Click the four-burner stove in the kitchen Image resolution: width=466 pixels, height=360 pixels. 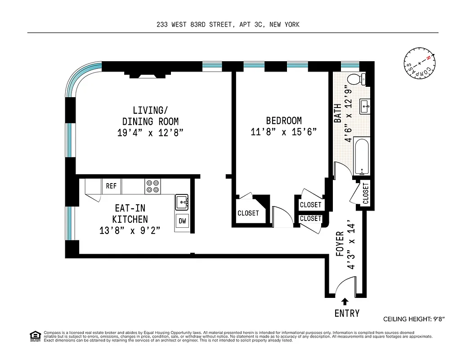(x=152, y=186)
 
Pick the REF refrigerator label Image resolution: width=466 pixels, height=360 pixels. (x=111, y=186)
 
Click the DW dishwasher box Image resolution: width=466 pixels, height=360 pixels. (x=182, y=221)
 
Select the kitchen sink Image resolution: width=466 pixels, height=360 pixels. (x=182, y=202)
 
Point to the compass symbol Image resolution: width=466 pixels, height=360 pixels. (x=419, y=64)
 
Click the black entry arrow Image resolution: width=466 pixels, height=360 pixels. (x=345, y=301)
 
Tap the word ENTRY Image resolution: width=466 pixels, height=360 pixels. (x=347, y=314)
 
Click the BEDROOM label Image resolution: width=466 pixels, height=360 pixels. (x=284, y=121)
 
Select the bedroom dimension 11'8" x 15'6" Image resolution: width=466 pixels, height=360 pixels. (x=284, y=132)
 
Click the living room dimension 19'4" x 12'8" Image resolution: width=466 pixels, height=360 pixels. (x=150, y=133)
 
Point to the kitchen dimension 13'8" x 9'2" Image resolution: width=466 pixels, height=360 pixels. (x=130, y=230)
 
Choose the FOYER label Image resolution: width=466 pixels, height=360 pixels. (x=340, y=244)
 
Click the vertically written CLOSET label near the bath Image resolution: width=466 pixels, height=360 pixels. (x=366, y=193)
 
